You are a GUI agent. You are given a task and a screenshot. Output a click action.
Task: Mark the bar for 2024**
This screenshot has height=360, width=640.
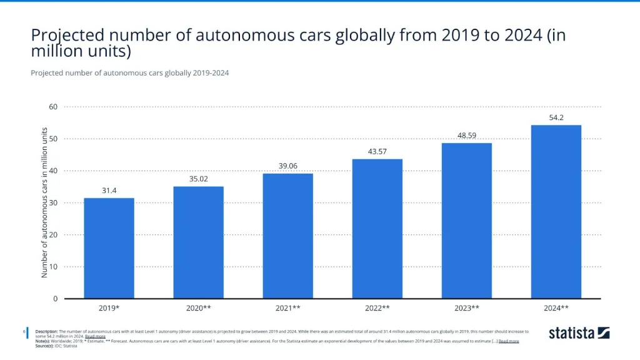pos(556,212)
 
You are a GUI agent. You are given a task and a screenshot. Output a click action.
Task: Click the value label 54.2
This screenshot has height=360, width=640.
pos(556,117)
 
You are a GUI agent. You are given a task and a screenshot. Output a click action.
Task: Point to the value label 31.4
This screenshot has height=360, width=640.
pos(109,190)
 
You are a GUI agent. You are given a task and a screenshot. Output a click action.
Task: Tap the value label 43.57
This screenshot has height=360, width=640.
pos(377,151)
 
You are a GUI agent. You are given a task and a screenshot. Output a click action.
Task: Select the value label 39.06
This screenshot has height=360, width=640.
pos(287,166)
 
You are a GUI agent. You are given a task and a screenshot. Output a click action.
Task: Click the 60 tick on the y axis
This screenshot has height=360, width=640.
pos(53,107)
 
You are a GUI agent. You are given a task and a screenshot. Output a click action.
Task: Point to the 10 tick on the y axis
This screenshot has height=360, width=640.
pos(53,267)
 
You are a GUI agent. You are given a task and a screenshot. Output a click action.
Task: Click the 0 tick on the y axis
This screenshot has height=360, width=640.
pos(55,299)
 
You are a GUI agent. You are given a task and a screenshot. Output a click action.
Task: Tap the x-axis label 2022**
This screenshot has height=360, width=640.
pos(377,308)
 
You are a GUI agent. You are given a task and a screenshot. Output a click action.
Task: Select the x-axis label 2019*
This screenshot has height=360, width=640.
pos(109,308)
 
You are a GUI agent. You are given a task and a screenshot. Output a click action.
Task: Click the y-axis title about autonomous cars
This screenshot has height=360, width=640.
pos(44,202)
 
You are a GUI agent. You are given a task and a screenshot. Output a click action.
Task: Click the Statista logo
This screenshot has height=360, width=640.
pos(579,333)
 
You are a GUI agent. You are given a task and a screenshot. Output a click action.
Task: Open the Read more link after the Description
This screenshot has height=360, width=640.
pos(96,336)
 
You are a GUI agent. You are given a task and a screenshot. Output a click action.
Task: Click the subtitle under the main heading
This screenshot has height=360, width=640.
pos(129,73)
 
